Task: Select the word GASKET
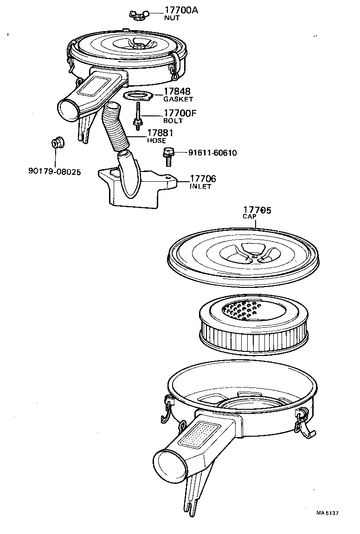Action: [x=178, y=99]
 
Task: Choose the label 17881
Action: [x=161, y=133]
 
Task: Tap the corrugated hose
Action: [x=116, y=130]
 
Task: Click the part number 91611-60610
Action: [x=212, y=153]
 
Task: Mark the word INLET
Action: [x=200, y=186]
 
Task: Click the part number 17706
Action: [x=203, y=179]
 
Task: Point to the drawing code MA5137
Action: [x=328, y=513]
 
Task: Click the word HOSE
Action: [x=156, y=140]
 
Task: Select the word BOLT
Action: [x=173, y=121]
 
